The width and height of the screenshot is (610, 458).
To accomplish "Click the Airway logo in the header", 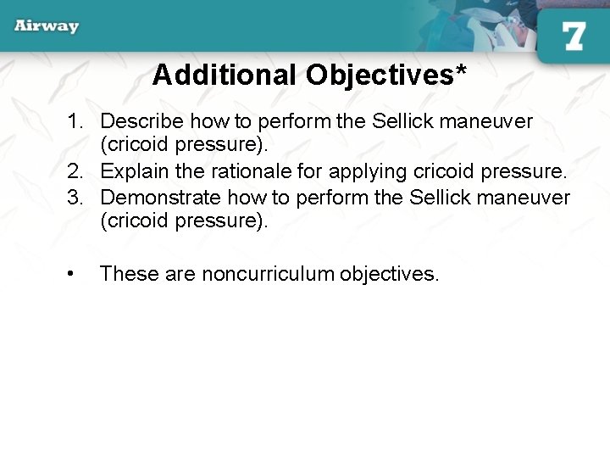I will [x=47, y=26].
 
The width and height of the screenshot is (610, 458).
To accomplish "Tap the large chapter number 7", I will [x=574, y=36].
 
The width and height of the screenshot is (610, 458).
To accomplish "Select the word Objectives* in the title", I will [x=385, y=76].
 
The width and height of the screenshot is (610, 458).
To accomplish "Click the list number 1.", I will [x=75, y=121].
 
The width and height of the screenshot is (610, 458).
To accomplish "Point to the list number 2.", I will [x=75, y=172].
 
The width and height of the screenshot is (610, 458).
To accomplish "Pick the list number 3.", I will [x=75, y=198].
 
